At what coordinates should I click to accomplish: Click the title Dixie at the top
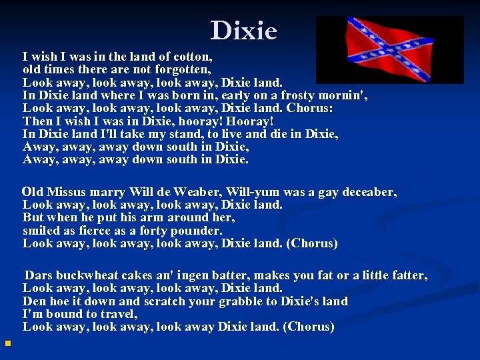coord(244,31)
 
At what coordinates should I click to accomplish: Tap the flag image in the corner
coord(389,50)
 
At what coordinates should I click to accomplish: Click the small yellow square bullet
coord(7,344)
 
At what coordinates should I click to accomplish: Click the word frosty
coord(300,95)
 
